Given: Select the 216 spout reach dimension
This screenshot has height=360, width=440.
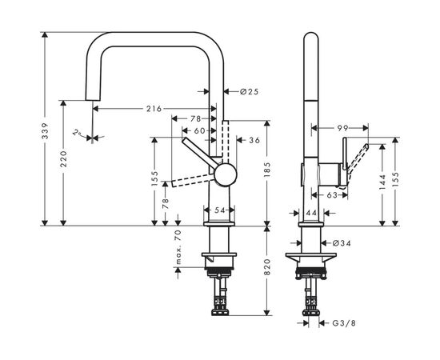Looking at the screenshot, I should point(154,108).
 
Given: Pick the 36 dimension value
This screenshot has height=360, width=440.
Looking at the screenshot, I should point(255,141).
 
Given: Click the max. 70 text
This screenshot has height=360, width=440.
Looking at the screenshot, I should point(179,248).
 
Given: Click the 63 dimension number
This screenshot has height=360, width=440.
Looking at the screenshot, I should point(332,193).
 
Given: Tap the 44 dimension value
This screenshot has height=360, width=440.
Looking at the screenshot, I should point(313,212).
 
